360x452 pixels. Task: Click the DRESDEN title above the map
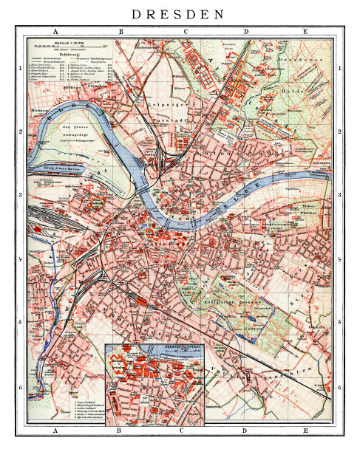[180, 14]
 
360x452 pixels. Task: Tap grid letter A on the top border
[55, 32]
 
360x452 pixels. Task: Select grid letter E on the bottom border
[305, 429]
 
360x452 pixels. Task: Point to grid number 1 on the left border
[20, 69]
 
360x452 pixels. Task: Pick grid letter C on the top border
[185, 32]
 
